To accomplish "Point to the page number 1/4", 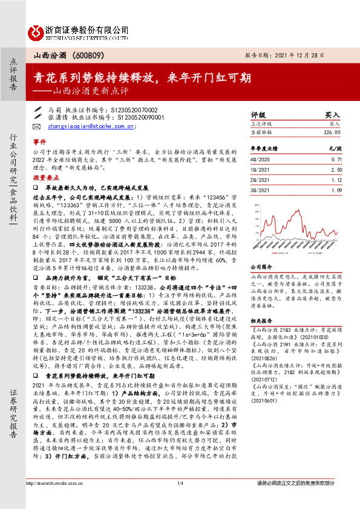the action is (180, 500).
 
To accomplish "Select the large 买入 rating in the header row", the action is (332, 114).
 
